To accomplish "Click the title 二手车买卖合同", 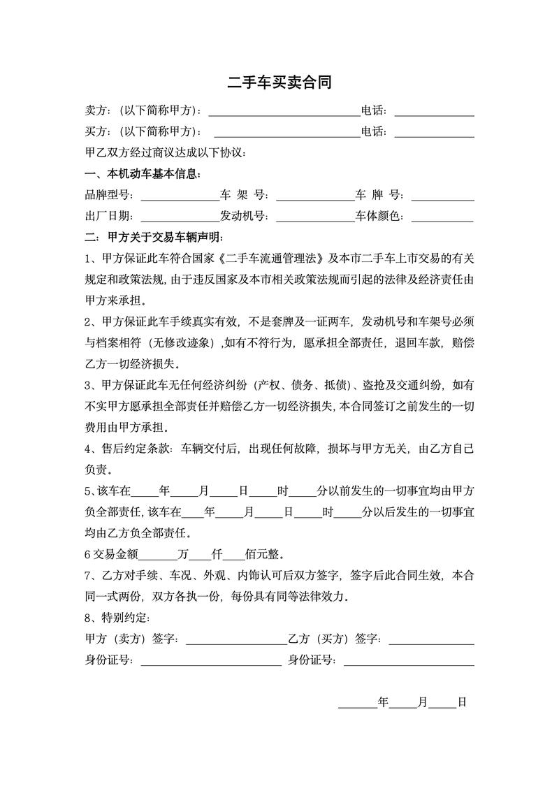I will [x=279, y=83].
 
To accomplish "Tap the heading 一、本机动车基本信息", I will [x=143, y=174].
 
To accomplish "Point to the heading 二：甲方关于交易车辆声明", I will [x=152, y=238].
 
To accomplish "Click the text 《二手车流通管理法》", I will [x=273, y=259].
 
